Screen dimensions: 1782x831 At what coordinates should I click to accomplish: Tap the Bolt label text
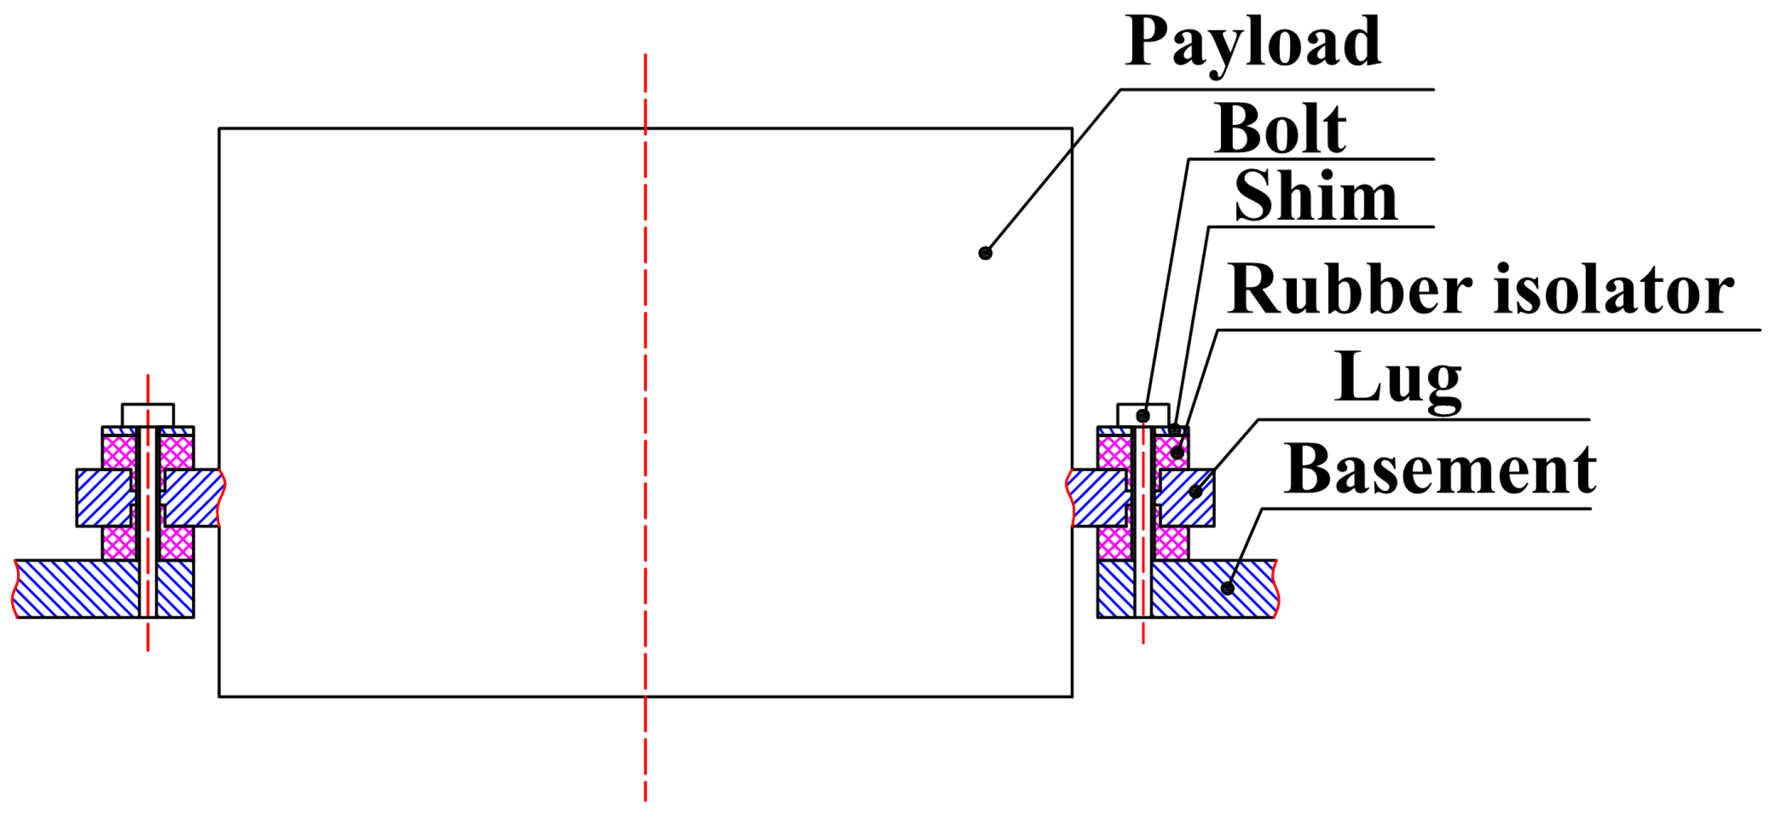pyautogui.click(x=1280, y=129)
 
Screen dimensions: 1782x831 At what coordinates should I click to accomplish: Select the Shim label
pyautogui.click(x=1316, y=196)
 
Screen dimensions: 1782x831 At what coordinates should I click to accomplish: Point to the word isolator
pyautogui.click(x=1615, y=289)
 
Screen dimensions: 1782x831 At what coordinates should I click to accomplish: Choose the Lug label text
pyautogui.click(x=1398, y=380)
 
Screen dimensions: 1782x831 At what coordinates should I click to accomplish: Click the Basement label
pyautogui.click(x=1440, y=470)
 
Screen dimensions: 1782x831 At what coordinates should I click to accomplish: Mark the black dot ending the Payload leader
pyautogui.click(x=985, y=253)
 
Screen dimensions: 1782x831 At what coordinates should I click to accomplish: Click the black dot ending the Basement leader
pyautogui.click(x=1227, y=588)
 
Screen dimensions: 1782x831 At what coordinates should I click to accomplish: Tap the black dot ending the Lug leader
pyautogui.click(x=1196, y=492)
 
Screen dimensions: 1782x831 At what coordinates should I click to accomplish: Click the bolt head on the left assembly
pyautogui.click(x=148, y=415)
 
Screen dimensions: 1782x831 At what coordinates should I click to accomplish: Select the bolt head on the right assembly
pyautogui.click(x=1143, y=415)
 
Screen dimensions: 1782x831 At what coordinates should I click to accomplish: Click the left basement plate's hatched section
pyautogui.click(x=76, y=589)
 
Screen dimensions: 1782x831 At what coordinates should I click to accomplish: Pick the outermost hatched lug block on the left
pyautogui.click(x=104, y=498)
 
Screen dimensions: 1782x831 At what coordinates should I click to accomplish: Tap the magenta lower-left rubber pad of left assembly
pyautogui.click(x=119, y=543)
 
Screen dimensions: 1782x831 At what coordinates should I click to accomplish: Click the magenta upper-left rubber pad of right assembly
pyautogui.click(x=1115, y=452)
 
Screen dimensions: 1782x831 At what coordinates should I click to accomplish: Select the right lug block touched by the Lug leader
pyautogui.click(x=1186, y=498)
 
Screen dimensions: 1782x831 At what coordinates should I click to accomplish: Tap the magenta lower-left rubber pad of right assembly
pyautogui.click(x=1115, y=543)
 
